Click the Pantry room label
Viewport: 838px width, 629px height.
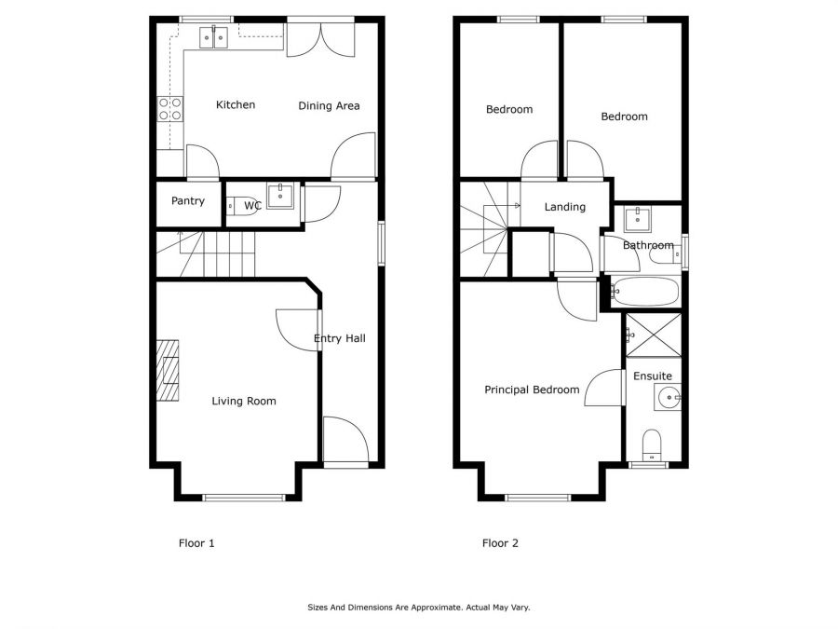(187, 200)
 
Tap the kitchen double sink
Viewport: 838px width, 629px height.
(214, 37)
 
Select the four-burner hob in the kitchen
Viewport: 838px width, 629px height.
(170, 109)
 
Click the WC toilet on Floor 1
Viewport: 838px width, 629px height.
(243, 206)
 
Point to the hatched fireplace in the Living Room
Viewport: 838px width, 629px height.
(168, 370)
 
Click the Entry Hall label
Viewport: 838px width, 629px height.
(339, 338)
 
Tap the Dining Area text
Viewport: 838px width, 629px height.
(329, 106)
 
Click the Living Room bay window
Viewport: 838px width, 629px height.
(244, 498)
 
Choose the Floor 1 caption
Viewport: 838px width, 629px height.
(196, 543)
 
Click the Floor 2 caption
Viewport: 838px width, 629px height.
(500, 543)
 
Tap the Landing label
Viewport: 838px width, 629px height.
(565, 207)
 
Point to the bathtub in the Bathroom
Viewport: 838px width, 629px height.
(645, 292)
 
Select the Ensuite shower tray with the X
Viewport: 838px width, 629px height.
(654, 335)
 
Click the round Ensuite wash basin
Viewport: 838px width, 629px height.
(668, 398)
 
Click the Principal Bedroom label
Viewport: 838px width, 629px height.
(532, 390)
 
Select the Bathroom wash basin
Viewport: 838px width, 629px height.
(637, 219)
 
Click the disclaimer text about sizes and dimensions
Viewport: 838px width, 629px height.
(418, 608)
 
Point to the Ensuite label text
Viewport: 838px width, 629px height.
(653, 376)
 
